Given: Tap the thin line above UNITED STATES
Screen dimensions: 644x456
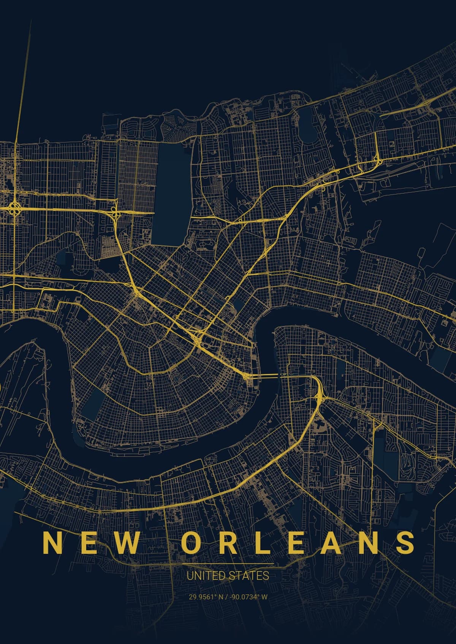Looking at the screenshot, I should pyautogui.click(x=228, y=564).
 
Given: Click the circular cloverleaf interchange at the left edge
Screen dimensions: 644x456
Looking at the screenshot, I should pyautogui.click(x=15, y=207).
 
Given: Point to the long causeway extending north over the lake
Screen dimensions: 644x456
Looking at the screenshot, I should pyautogui.click(x=23, y=76).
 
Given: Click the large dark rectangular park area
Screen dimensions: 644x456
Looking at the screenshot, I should pyautogui.click(x=170, y=194).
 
